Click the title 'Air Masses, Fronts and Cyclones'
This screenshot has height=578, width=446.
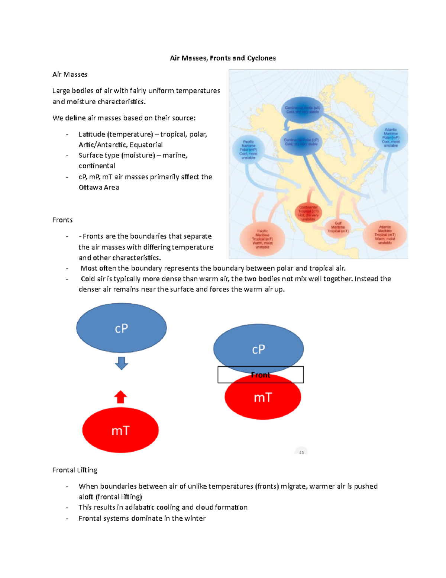223,58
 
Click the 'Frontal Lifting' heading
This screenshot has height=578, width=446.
75,470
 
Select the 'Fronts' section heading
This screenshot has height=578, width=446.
62,220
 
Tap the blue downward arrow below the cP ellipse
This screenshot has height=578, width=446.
122,363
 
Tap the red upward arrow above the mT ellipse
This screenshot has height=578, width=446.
120,397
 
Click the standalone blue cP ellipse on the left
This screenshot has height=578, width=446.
122,328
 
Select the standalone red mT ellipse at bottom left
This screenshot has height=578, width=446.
120,430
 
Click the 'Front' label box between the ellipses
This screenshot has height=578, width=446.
261,375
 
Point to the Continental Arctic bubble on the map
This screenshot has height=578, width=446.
303,110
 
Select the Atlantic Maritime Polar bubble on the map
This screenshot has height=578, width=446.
391,137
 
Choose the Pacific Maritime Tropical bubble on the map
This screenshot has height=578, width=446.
262,239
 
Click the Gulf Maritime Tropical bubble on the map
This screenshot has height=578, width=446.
338,227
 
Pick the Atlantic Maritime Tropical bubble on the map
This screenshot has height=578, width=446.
385,235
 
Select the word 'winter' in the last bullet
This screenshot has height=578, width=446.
195,518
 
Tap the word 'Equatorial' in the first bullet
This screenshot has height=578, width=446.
146,145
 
